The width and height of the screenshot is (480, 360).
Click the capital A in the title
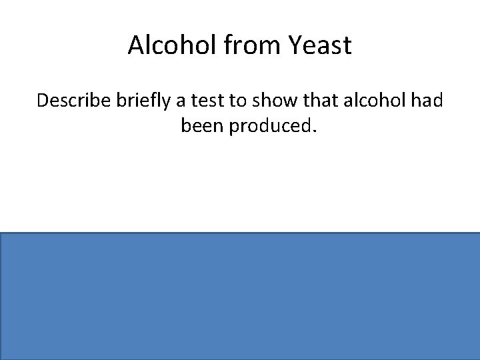pyautogui.click(x=135, y=45)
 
